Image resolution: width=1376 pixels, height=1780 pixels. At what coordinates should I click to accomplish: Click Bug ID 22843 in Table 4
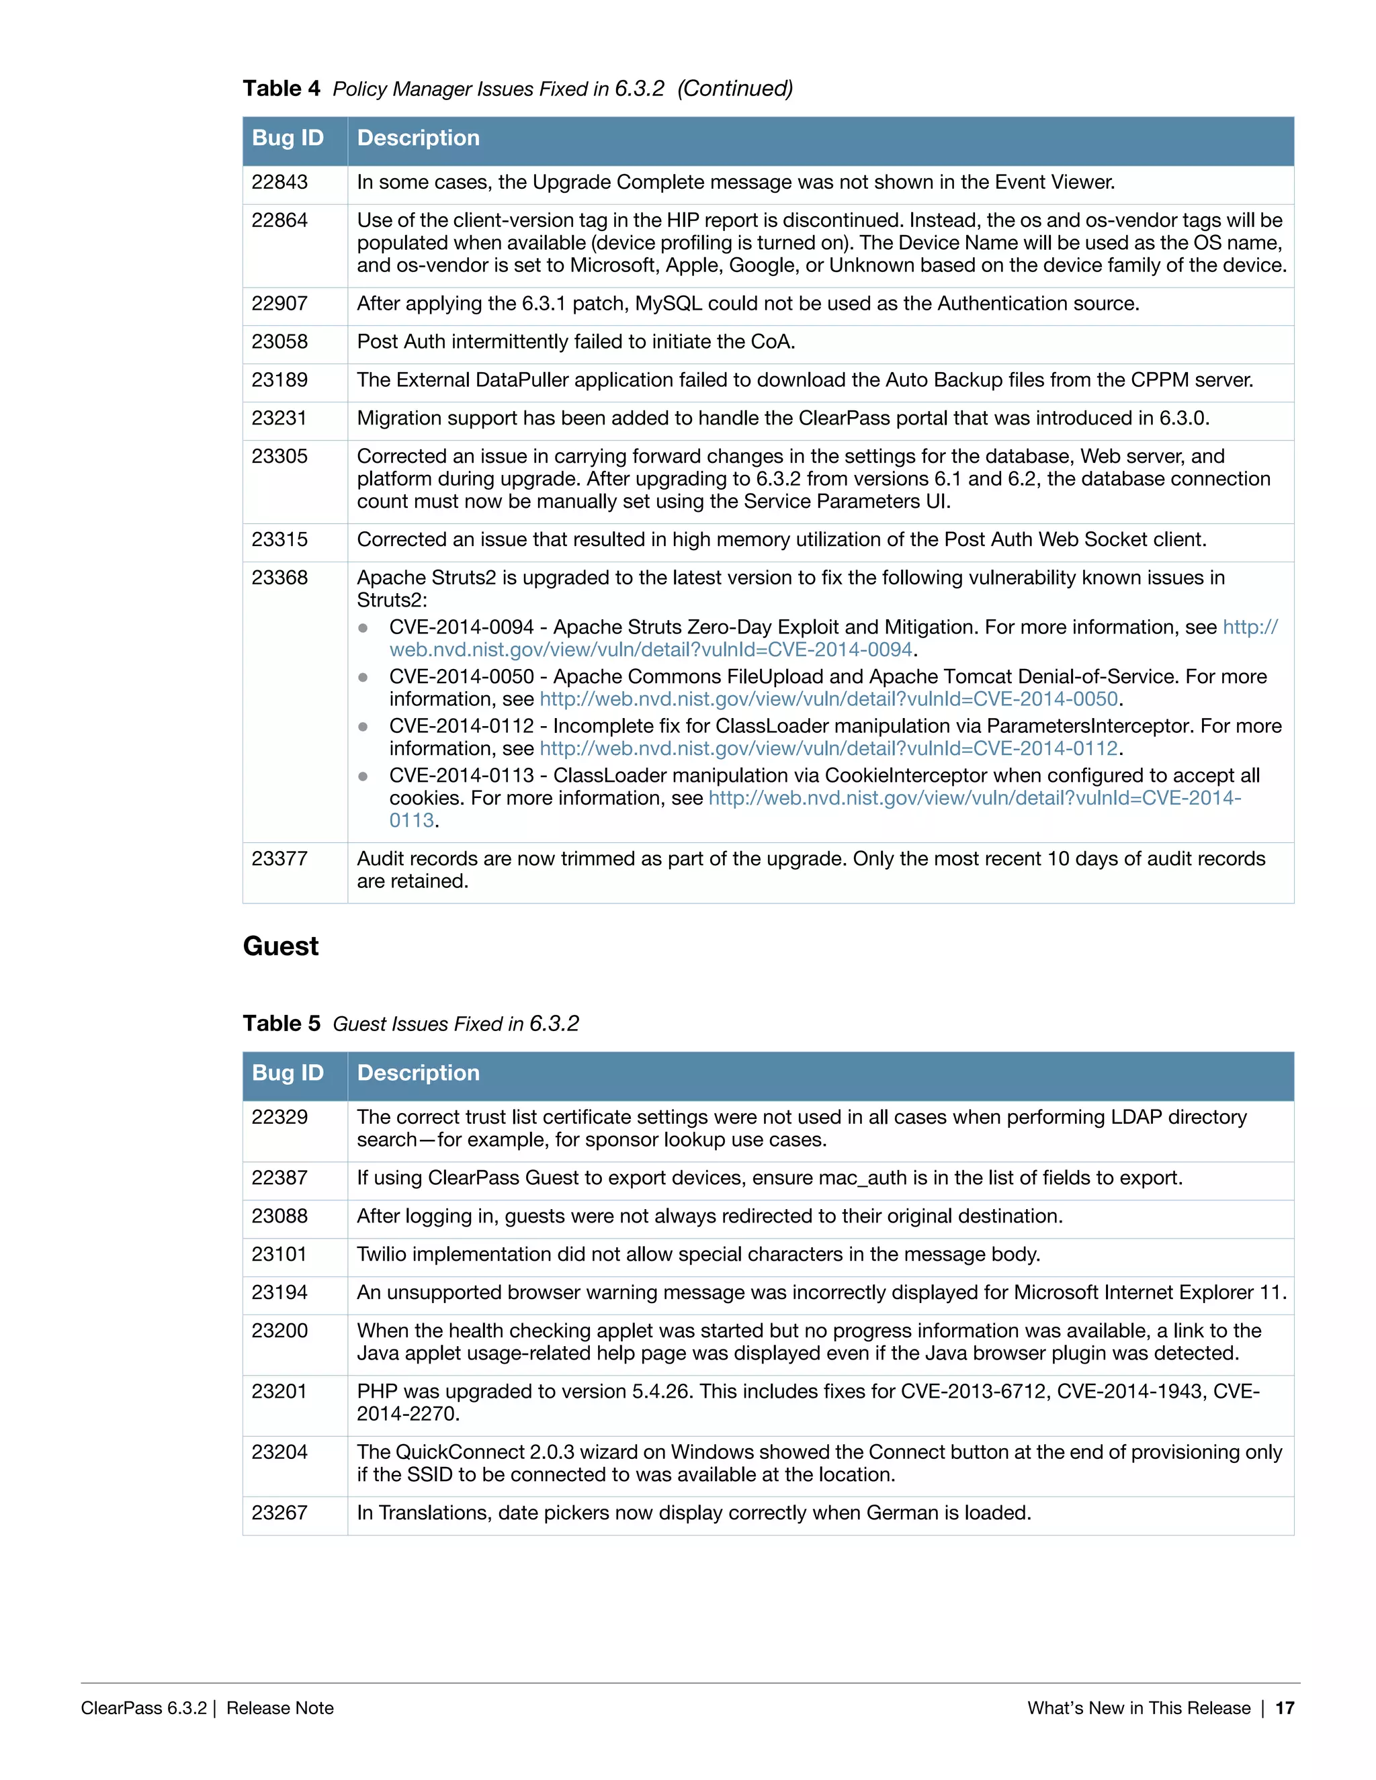point(279,183)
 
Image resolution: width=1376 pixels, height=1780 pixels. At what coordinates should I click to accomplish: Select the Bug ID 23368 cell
point(279,578)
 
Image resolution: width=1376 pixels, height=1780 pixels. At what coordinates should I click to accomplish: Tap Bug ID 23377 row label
point(279,859)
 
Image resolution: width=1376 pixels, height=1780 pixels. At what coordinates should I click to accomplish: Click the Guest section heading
point(280,946)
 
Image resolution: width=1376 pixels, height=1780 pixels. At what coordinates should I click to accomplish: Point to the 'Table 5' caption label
point(282,1024)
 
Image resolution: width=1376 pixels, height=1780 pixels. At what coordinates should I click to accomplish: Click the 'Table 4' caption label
point(282,89)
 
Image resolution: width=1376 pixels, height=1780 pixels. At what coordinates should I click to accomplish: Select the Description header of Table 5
point(418,1073)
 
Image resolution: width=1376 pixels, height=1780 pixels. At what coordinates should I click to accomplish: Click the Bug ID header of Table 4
point(288,138)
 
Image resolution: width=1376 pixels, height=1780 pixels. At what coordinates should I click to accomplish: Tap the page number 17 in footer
point(1285,1708)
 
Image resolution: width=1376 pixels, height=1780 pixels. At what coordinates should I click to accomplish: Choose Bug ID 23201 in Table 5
point(279,1392)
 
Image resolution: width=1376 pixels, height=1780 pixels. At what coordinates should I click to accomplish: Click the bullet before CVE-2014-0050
point(363,677)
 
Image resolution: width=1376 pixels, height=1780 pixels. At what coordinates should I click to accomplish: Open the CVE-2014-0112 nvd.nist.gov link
point(828,749)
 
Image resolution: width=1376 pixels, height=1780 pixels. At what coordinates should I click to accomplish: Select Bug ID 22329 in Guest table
point(279,1118)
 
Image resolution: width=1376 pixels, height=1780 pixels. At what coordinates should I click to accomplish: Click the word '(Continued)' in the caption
point(735,89)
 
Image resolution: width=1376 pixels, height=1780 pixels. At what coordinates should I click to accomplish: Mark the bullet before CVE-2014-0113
point(363,776)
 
